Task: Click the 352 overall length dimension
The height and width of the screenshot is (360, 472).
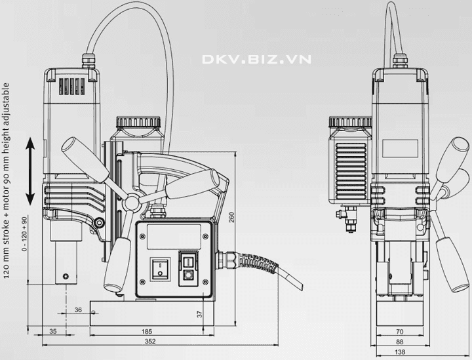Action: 150,341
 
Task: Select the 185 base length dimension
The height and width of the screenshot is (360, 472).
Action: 147,331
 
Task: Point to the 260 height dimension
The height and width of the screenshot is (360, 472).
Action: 231,217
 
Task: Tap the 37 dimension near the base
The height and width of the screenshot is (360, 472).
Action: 199,314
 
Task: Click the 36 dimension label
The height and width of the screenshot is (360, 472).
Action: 78,310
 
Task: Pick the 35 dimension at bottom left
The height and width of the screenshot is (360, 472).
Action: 52,331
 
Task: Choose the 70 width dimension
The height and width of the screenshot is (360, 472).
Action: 399,331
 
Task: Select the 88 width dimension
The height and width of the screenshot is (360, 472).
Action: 399,342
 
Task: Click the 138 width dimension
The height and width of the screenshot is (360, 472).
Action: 399,352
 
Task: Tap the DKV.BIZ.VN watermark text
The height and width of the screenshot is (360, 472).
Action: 256,59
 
